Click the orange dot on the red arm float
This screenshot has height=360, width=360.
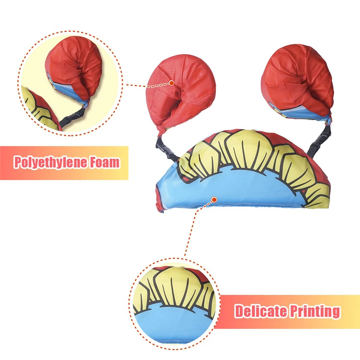(172, 83)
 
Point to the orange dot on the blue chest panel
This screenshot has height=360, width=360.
(214, 199)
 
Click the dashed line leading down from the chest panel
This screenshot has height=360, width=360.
(191, 230)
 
